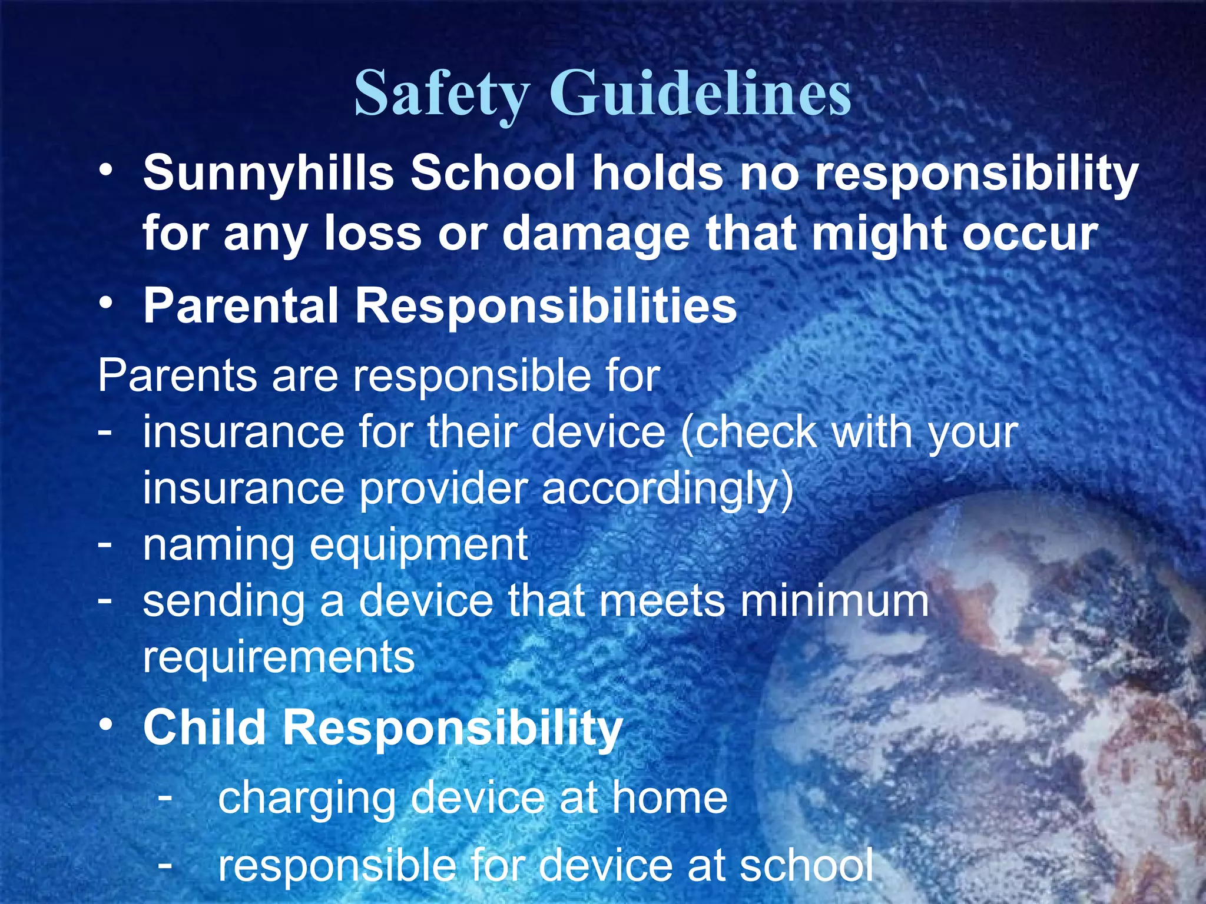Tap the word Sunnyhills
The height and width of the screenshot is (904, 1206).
(x=269, y=173)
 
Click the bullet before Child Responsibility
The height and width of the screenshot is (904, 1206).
(x=106, y=725)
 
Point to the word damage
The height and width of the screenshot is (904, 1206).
(x=595, y=234)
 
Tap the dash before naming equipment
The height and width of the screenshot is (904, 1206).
(x=105, y=542)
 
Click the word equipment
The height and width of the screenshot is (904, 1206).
(x=419, y=546)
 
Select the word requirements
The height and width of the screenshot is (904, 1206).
(x=279, y=658)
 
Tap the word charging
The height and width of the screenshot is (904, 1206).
(x=306, y=799)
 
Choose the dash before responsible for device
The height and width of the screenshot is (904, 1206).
(x=165, y=864)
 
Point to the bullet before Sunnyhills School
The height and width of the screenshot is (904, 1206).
(x=106, y=171)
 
